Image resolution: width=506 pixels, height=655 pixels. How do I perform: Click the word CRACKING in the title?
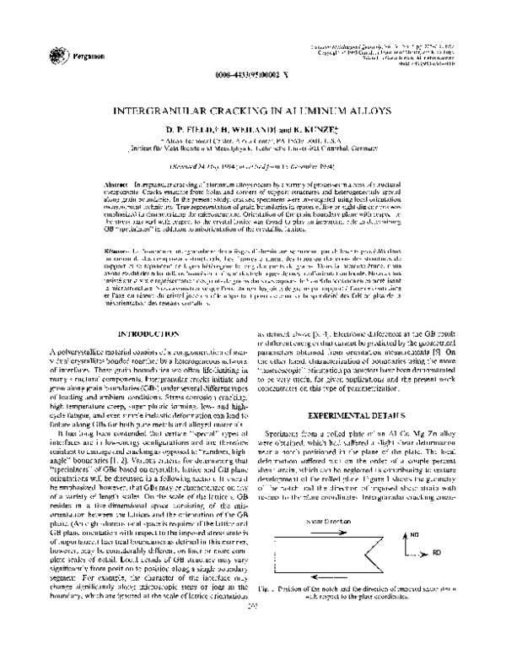click(241, 111)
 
